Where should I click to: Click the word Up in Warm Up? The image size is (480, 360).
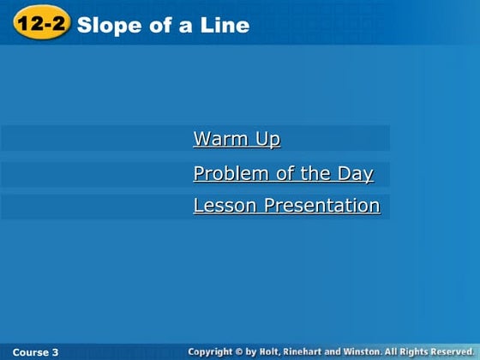[x=268, y=139]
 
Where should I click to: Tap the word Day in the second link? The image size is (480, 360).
[x=355, y=174]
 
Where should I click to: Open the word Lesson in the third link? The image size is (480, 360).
[x=225, y=206]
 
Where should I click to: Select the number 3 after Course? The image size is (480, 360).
[x=56, y=352]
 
